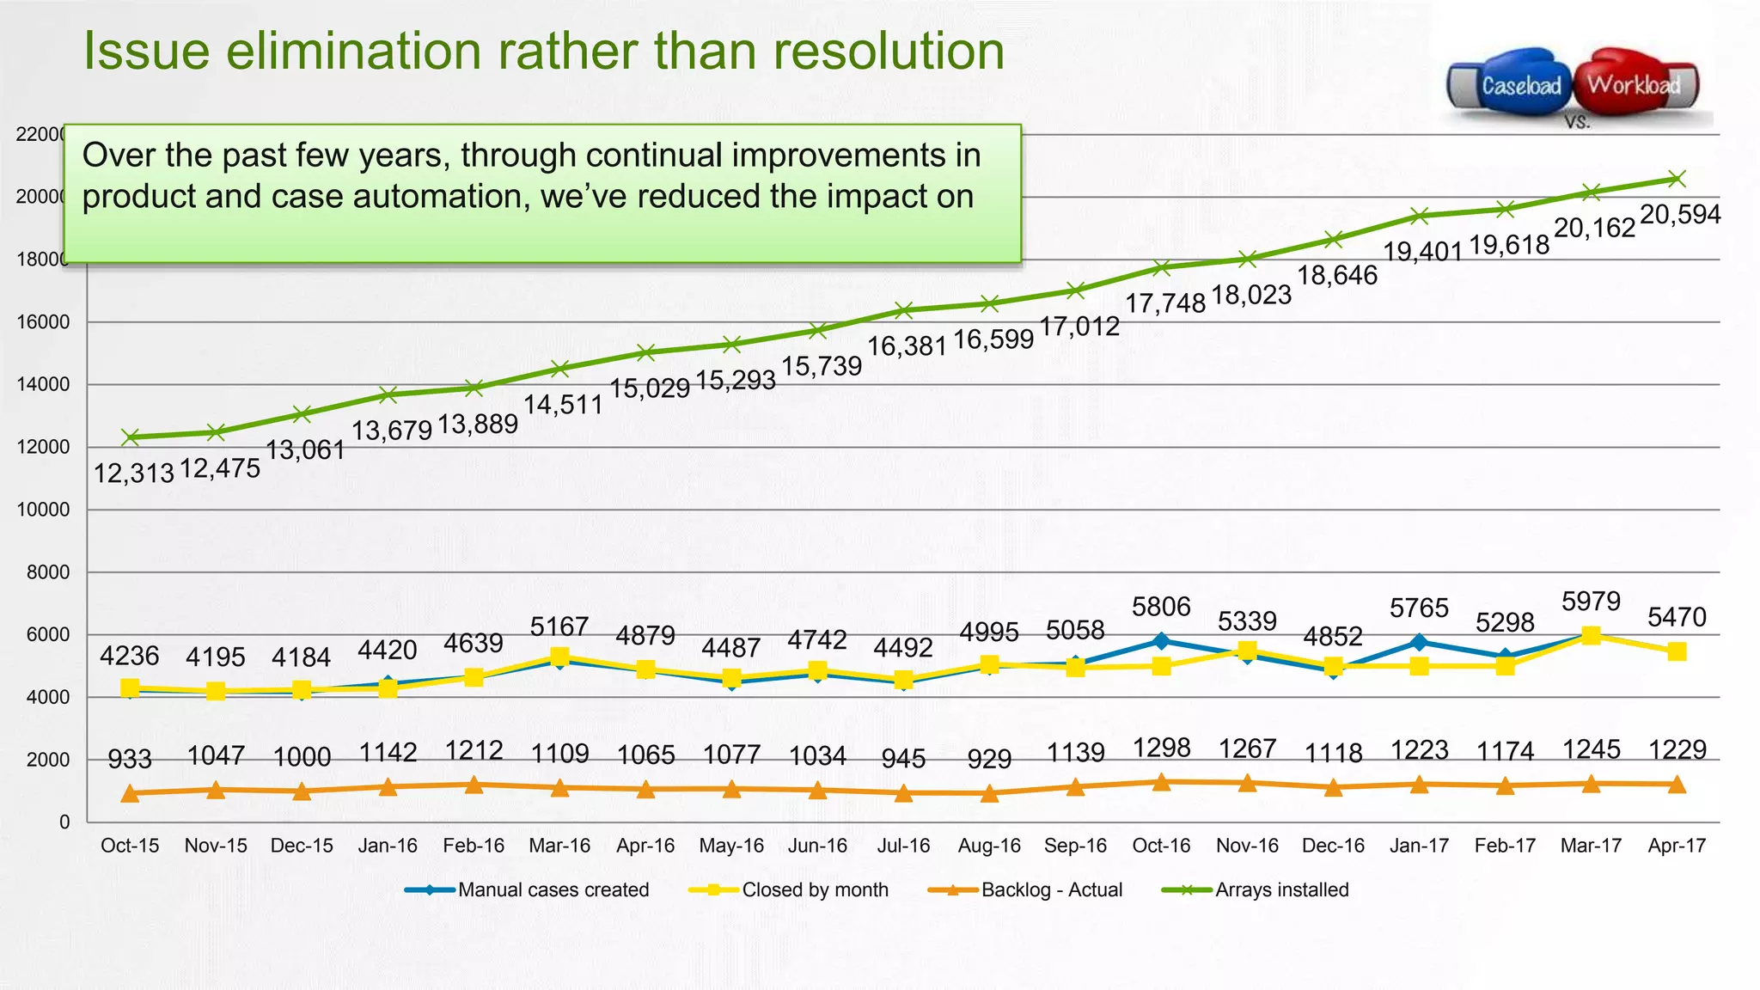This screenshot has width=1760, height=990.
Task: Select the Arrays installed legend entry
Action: (1256, 890)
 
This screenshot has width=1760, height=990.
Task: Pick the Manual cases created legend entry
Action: (528, 890)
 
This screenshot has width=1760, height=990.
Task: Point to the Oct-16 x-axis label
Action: (1161, 846)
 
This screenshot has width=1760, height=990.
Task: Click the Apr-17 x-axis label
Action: (1677, 846)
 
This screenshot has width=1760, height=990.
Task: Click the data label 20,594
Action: (1680, 214)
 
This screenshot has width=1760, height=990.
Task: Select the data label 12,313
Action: (133, 473)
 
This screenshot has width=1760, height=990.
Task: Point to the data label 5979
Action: (1591, 601)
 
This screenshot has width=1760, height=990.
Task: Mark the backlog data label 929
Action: (989, 759)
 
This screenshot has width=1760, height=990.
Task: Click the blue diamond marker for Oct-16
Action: (1161, 641)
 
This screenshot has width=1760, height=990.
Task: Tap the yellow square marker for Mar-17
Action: (1591, 636)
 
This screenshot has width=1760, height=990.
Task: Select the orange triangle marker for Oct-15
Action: (130, 793)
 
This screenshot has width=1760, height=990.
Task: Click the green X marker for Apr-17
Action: (1677, 179)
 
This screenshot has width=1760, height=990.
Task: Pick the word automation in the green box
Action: (440, 197)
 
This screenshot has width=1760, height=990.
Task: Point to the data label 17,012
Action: (1079, 327)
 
